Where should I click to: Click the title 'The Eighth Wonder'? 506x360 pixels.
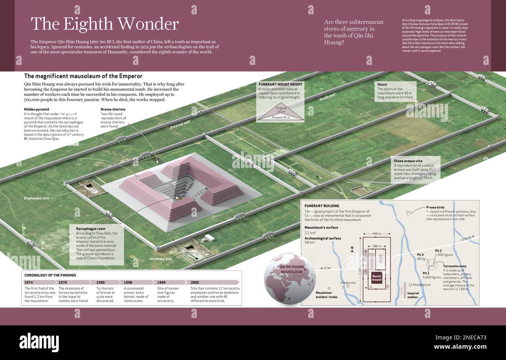104,24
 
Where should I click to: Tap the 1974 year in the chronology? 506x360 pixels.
29,283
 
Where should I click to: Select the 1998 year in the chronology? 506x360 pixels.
128,283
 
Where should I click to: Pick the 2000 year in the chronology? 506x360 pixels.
195,283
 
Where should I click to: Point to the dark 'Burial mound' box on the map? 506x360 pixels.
376,277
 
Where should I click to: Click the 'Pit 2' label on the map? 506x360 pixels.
438,251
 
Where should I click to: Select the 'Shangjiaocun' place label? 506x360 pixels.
421,284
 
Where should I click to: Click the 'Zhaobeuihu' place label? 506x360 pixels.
348,283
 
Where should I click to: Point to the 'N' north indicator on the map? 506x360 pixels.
351,248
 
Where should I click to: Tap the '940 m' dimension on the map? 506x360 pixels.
376,234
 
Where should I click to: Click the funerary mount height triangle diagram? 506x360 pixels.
280,114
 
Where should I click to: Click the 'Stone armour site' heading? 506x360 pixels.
408,161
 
